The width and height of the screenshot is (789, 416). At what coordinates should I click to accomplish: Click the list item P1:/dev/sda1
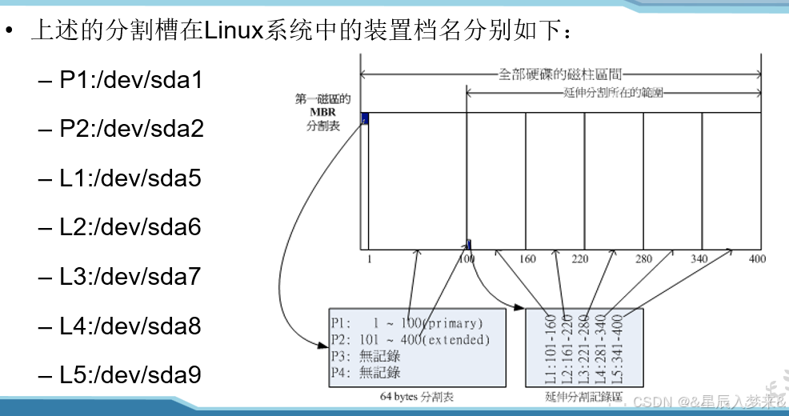click(x=131, y=80)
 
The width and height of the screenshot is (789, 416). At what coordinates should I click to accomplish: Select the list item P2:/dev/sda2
click(x=131, y=129)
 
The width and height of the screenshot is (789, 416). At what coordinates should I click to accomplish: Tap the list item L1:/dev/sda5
click(x=130, y=178)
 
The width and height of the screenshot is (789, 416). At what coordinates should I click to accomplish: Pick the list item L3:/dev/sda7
click(x=130, y=277)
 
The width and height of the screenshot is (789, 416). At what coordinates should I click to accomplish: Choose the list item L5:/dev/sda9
click(x=130, y=374)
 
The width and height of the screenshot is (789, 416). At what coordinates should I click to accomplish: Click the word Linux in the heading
click(x=228, y=32)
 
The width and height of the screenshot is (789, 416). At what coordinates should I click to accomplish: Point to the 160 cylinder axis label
click(x=527, y=259)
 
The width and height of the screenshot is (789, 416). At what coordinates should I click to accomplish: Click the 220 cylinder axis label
click(x=579, y=259)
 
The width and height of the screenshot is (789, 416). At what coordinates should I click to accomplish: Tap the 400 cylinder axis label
click(x=757, y=259)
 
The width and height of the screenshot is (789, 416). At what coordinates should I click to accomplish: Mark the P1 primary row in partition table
click(x=408, y=324)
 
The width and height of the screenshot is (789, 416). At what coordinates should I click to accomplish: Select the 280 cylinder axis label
click(x=644, y=259)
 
